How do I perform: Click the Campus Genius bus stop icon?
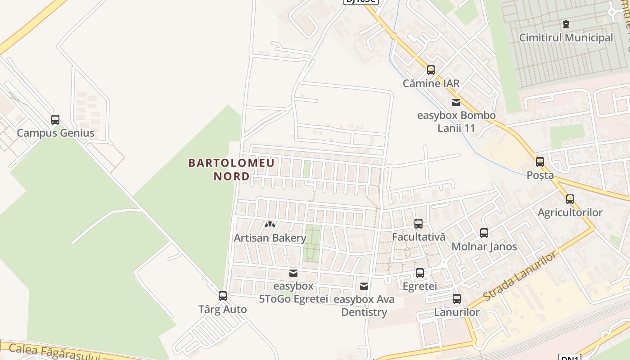[55, 120]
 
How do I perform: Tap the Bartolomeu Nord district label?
[231, 169]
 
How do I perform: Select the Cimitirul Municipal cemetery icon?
[566, 24]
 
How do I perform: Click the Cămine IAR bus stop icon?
[431, 70]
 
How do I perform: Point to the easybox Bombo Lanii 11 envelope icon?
[456, 102]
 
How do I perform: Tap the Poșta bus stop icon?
[540, 162]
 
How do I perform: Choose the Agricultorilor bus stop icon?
[570, 199]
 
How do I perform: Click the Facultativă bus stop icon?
[418, 223]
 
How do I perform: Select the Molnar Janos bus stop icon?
[484, 233]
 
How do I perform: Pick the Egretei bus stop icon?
[420, 273]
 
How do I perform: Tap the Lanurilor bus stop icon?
[457, 299]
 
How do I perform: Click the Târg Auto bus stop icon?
[223, 296]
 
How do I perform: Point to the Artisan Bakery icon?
[270, 224]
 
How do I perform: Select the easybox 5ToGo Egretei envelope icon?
[293, 273]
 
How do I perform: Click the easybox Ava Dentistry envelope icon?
[364, 286]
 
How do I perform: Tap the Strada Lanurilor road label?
[519, 277]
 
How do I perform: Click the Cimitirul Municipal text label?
[566, 37]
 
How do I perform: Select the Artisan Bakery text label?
[270, 238]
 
